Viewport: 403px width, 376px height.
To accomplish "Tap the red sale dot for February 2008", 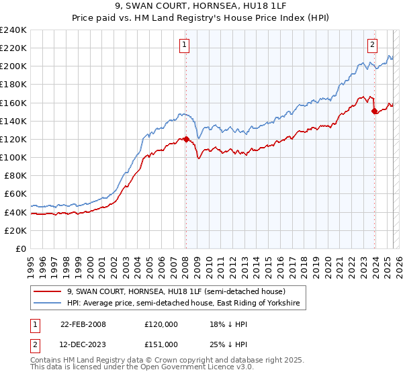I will click(186, 139).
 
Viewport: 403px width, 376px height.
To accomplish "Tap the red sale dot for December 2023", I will click(374, 111).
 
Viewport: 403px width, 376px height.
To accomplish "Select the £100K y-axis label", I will click(13, 157).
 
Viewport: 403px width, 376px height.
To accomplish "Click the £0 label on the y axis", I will click(21, 248).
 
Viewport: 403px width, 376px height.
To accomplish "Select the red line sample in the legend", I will click(48, 291).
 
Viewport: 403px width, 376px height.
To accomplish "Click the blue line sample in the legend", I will click(48, 303).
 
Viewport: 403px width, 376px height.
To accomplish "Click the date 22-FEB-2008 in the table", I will click(83, 324).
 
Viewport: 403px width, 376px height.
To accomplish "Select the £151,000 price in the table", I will click(161, 344).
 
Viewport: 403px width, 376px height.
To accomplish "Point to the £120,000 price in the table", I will click(161, 324).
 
